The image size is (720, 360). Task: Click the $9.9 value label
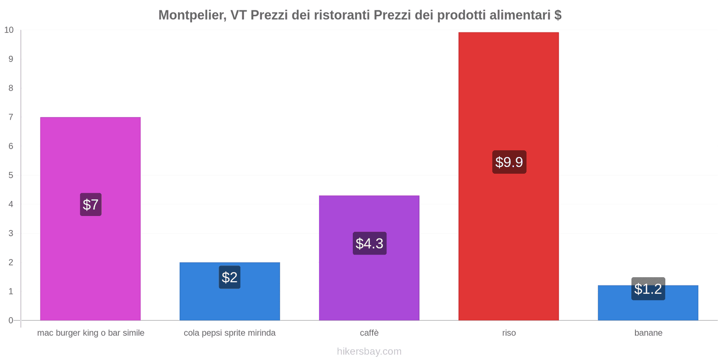(509, 162)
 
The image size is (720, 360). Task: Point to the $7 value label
(90, 204)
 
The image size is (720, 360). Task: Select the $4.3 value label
(369, 243)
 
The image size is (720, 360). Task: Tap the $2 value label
(229, 277)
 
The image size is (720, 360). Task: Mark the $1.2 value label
(648, 289)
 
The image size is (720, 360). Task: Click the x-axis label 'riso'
(509, 333)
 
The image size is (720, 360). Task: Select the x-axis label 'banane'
(648, 333)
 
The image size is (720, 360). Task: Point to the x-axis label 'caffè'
(369, 333)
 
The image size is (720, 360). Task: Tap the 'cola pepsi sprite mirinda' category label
(229, 333)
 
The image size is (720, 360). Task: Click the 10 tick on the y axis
(9, 30)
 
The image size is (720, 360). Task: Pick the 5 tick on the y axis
(11, 175)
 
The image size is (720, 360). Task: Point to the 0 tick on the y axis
(11, 320)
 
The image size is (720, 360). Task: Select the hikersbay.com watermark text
(369, 351)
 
